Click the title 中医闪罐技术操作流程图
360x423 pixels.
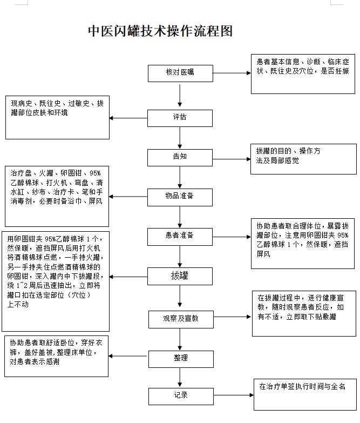[x=160, y=31]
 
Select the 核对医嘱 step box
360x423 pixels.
[x=180, y=72]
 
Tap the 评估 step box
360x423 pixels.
[x=180, y=117]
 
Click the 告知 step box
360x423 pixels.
[x=180, y=157]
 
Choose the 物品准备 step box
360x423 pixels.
[x=180, y=196]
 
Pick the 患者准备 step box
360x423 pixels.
[x=180, y=236]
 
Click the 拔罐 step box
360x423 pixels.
[x=180, y=276]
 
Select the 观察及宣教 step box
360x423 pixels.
[x=180, y=318]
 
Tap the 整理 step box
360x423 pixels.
[x=180, y=358]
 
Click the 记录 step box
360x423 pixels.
[x=180, y=395]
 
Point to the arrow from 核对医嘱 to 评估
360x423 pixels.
[x=180, y=95]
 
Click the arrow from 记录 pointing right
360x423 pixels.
[x=233, y=395]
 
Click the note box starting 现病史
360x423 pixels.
[x=57, y=117]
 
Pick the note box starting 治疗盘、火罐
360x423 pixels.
[x=57, y=196]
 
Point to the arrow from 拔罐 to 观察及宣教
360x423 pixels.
[x=180, y=297]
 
